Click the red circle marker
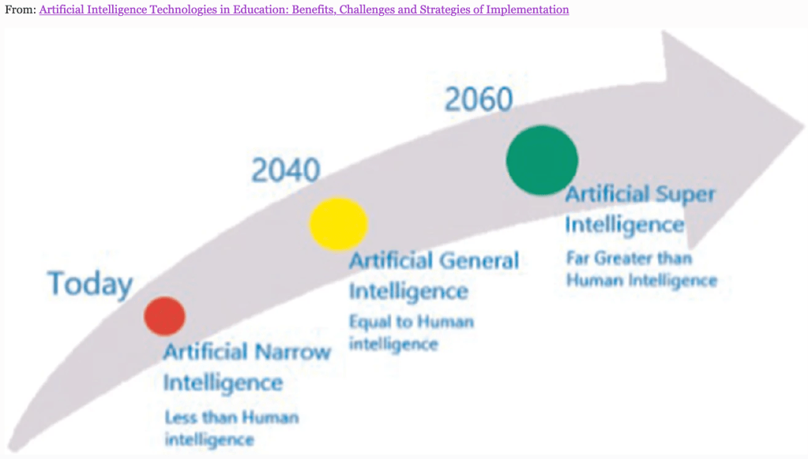[164, 316]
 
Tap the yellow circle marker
[338, 224]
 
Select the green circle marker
[542, 160]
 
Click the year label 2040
[285, 170]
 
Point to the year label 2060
[479, 99]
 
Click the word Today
[90, 284]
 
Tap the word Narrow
[292, 352]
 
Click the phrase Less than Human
[232, 416]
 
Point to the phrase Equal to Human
[412, 322]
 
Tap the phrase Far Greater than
[629, 258]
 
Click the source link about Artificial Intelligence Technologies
[304, 9]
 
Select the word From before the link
[20, 9]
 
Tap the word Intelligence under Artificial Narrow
[223, 383]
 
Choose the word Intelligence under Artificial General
[408, 292]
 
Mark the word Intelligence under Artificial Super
[625, 226]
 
